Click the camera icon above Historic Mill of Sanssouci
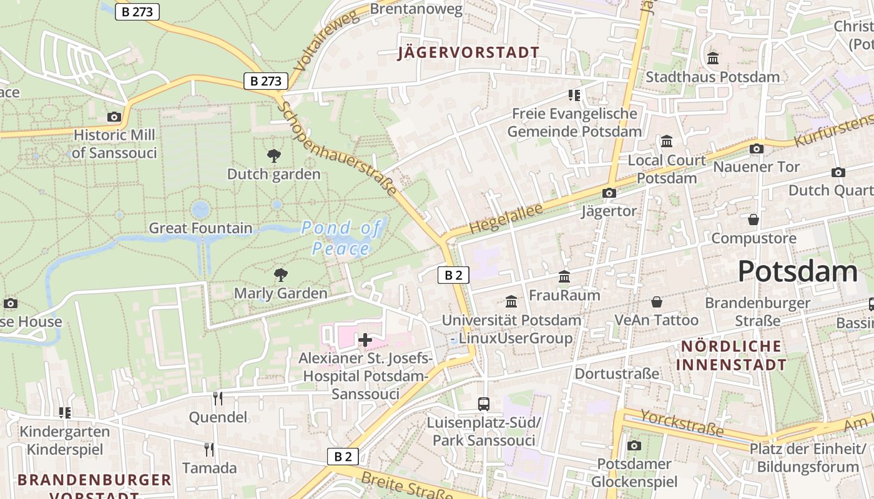point(114,117)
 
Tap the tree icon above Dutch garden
point(273,156)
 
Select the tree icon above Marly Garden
point(281,274)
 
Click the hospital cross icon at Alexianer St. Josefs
point(365,340)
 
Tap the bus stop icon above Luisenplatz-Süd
point(484,404)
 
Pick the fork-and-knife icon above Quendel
point(217,398)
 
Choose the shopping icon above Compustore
point(754,220)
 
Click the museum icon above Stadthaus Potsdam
point(713,59)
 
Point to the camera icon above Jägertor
point(609,193)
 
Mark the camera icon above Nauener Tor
point(757,148)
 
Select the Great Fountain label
point(200,228)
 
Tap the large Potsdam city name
point(798,272)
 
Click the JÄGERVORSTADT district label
point(469,52)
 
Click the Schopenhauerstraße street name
point(338,148)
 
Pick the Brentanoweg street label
point(416,9)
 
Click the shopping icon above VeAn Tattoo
point(657,302)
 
